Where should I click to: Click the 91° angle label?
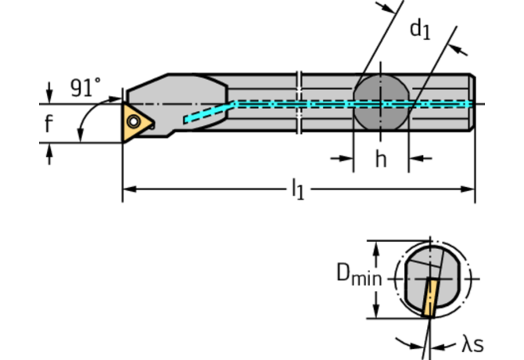(85, 88)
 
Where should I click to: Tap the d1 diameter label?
(420, 31)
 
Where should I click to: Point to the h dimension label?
(381, 159)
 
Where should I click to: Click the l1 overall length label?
(297, 189)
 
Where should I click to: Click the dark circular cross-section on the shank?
(381, 103)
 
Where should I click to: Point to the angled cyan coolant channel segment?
(210, 111)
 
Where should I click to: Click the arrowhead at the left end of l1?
(128, 189)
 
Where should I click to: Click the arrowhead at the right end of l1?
(469, 189)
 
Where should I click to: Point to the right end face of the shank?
(473, 103)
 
